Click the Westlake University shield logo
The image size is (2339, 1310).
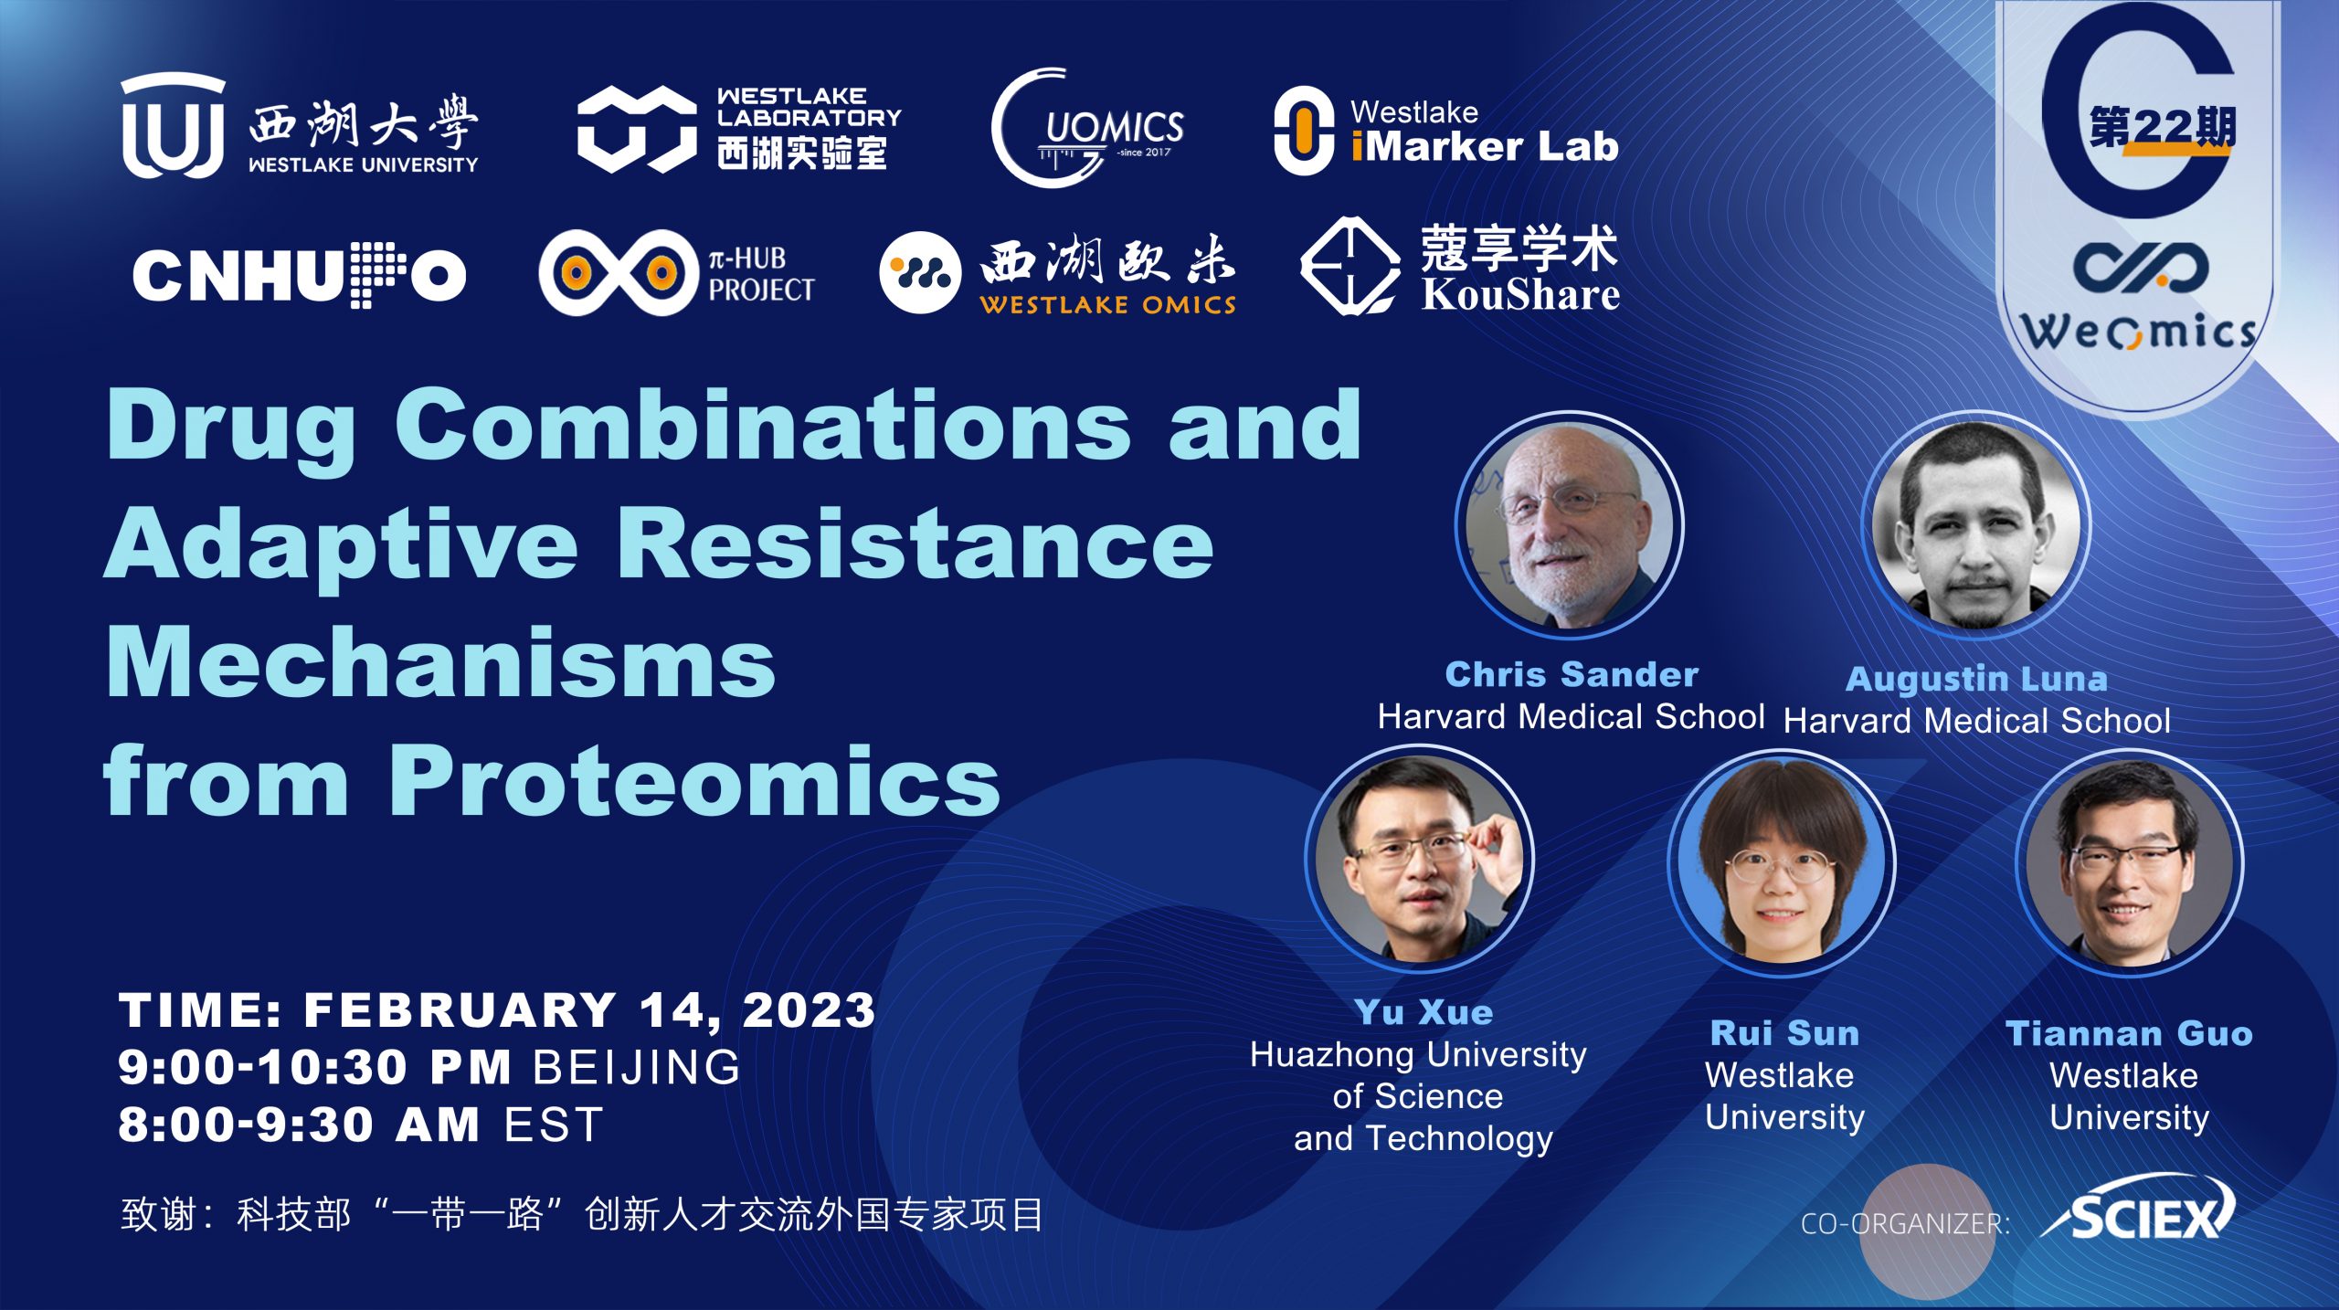click(x=173, y=125)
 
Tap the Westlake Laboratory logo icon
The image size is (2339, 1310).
click(x=637, y=129)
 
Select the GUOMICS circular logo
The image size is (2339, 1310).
click(x=1087, y=128)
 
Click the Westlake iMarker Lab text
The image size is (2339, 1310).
click(x=1484, y=131)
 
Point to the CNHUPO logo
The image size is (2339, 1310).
click(x=299, y=275)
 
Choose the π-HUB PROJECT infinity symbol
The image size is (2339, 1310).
click(x=618, y=272)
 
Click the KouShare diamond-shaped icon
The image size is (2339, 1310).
click(x=1349, y=266)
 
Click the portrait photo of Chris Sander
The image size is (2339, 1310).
click(x=1570, y=525)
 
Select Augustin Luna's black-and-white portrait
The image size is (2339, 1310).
click(x=1976, y=525)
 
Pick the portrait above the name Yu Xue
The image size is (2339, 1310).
click(x=1420, y=859)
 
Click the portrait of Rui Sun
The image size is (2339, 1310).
click(x=1782, y=862)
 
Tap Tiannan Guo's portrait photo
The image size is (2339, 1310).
click(x=2130, y=862)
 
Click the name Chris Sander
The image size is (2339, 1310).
click(x=1572, y=674)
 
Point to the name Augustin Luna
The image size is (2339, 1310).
click(x=1976, y=679)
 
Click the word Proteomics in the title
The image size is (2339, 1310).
click(x=694, y=780)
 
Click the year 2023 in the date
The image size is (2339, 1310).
click(x=809, y=1010)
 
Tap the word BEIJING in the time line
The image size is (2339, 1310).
click(x=637, y=1067)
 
